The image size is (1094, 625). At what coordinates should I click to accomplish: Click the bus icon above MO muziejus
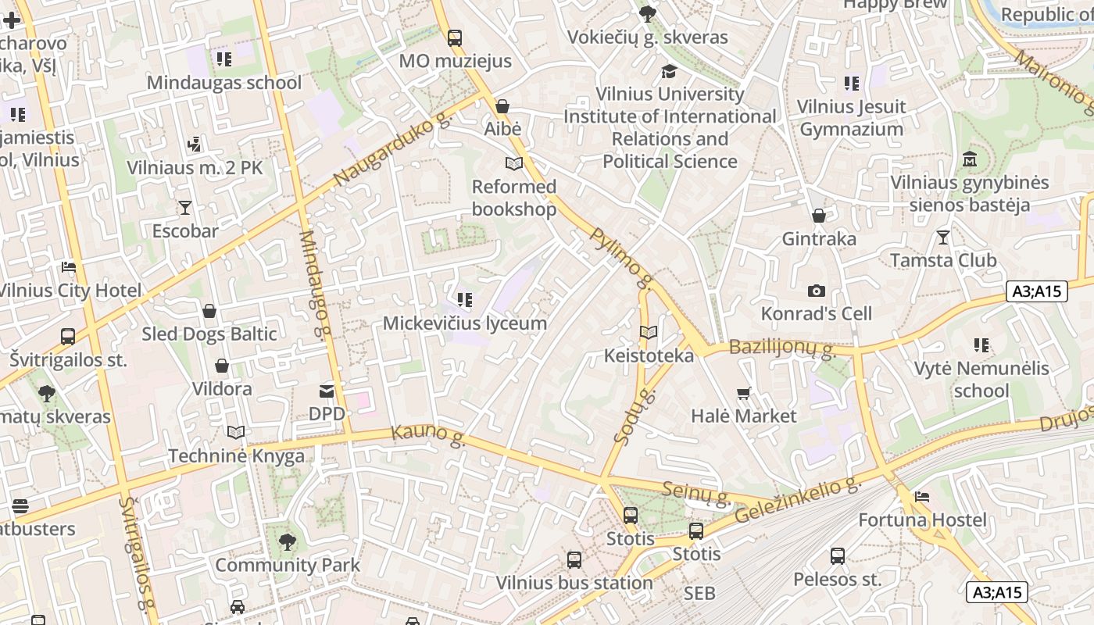(x=455, y=37)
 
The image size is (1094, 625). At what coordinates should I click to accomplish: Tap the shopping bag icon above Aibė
(x=502, y=105)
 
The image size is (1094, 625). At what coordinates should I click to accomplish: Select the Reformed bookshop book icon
(x=513, y=163)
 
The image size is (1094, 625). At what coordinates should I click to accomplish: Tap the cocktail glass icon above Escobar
(x=185, y=207)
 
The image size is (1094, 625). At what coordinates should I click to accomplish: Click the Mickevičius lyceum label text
(x=465, y=323)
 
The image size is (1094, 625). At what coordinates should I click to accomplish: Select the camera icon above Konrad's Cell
(x=817, y=291)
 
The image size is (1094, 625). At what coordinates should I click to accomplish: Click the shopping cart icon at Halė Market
(x=743, y=393)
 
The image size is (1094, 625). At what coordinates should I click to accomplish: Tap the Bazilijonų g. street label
(x=782, y=348)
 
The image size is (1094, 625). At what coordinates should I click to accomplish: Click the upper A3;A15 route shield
(x=1036, y=291)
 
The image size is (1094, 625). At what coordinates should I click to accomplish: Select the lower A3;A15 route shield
(x=996, y=592)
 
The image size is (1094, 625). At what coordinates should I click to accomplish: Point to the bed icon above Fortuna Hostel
(x=922, y=497)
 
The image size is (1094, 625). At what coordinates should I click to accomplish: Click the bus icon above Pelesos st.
(x=838, y=556)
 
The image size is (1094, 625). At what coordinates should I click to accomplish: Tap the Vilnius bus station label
(x=574, y=583)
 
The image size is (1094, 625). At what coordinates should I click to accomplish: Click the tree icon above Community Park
(x=288, y=541)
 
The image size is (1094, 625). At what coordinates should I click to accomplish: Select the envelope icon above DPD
(x=327, y=391)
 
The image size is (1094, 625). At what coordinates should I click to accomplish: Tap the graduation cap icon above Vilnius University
(x=670, y=71)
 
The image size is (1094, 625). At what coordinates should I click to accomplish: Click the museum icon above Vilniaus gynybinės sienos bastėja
(x=970, y=159)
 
